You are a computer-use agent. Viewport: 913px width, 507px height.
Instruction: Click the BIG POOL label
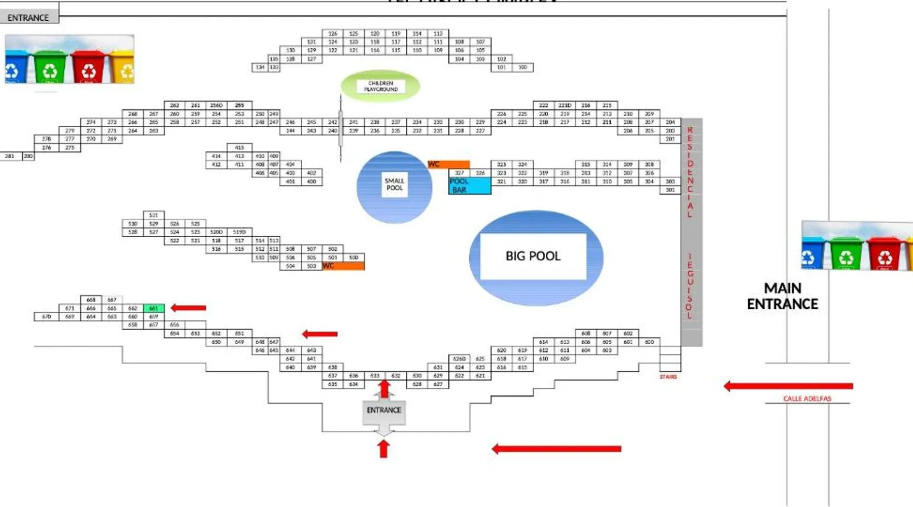click(x=533, y=256)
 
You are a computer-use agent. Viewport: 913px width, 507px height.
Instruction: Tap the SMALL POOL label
click(x=394, y=184)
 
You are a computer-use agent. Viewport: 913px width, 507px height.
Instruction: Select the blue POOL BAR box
click(x=470, y=186)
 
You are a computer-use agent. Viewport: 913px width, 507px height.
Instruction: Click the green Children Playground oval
click(x=380, y=86)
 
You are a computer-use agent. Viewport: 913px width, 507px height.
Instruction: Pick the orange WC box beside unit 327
click(x=449, y=164)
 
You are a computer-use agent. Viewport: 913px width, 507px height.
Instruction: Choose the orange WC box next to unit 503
click(x=343, y=266)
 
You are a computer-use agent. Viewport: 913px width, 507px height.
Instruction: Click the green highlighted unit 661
click(x=154, y=308)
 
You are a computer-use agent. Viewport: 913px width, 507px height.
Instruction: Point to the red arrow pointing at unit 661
click(x=188, y=308)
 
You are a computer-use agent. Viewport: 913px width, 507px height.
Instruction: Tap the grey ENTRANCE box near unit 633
click(x=384, y=410)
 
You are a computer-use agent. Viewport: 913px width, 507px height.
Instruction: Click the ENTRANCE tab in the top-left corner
click(x=28, y=18)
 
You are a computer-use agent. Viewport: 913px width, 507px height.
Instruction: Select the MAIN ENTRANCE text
click(x=782, y=296)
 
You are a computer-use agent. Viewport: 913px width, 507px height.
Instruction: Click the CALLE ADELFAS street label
click(x=807, y=399)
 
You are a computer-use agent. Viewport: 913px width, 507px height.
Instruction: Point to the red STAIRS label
click(x=668, y=377)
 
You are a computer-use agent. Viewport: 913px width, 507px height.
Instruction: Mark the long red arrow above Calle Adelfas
click(x=788, y=386)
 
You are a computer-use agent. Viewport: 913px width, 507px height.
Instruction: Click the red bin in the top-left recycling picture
click(x=88, y=67)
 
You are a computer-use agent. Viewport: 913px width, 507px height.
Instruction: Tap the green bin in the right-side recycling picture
click(x=845, y=253)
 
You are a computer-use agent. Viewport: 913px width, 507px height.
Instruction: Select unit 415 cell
click(x=239, y=148)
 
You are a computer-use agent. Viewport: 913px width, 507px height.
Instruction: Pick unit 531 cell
click(x=154, y=215)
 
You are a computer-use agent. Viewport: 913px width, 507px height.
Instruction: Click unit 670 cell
click(x=47, y=316)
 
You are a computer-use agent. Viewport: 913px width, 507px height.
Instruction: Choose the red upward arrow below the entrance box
click(x=383, y=449)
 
